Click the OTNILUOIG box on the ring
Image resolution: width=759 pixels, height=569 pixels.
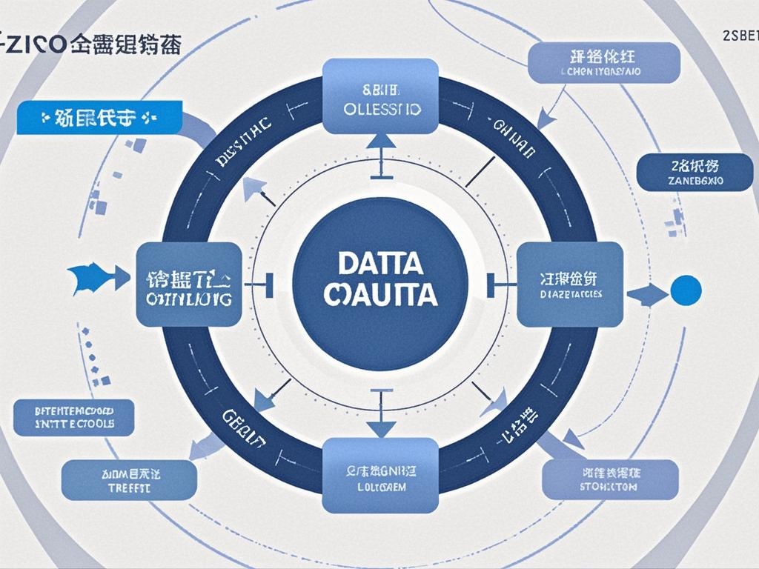coord(189,284)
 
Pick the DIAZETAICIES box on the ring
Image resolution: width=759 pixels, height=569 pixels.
coord(569,284)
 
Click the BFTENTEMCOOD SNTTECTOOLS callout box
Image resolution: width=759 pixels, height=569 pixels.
coord(74,417)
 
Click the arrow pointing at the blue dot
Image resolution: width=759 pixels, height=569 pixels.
coord(646,295)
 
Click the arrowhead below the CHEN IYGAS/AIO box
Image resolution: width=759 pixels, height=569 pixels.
coord(547,117)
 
